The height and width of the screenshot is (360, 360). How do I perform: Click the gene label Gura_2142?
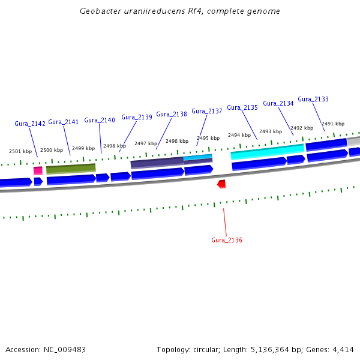tap(30, 124)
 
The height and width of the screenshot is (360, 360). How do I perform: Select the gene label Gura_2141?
tap(64, 122)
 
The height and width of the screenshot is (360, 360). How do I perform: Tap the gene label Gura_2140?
tap(100, 120)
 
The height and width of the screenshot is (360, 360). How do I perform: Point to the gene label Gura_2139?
tap(137, 117)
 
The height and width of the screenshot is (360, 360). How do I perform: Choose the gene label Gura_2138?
tap(172, 114)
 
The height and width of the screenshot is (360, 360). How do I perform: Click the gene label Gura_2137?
tap(207, 111)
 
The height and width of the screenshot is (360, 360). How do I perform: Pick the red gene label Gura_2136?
tap(227, 240)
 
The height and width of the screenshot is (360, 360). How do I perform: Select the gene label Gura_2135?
tap(242, 107)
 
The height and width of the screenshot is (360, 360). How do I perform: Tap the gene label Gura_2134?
tap(278, 103)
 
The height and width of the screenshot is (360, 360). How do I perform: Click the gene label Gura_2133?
tap(313, 99)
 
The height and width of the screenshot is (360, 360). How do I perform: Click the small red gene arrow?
tap(221, 184)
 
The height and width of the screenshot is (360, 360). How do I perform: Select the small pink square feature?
tap(38, 170)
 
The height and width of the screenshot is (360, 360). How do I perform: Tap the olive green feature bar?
tap(71, 169)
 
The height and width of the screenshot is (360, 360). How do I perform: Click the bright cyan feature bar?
tap(267, 152)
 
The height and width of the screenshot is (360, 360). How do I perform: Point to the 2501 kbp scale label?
tap(20, 151)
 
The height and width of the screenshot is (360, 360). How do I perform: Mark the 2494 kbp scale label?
tap(239, 135)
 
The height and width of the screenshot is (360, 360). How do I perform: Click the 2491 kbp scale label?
tap(333, 124)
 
